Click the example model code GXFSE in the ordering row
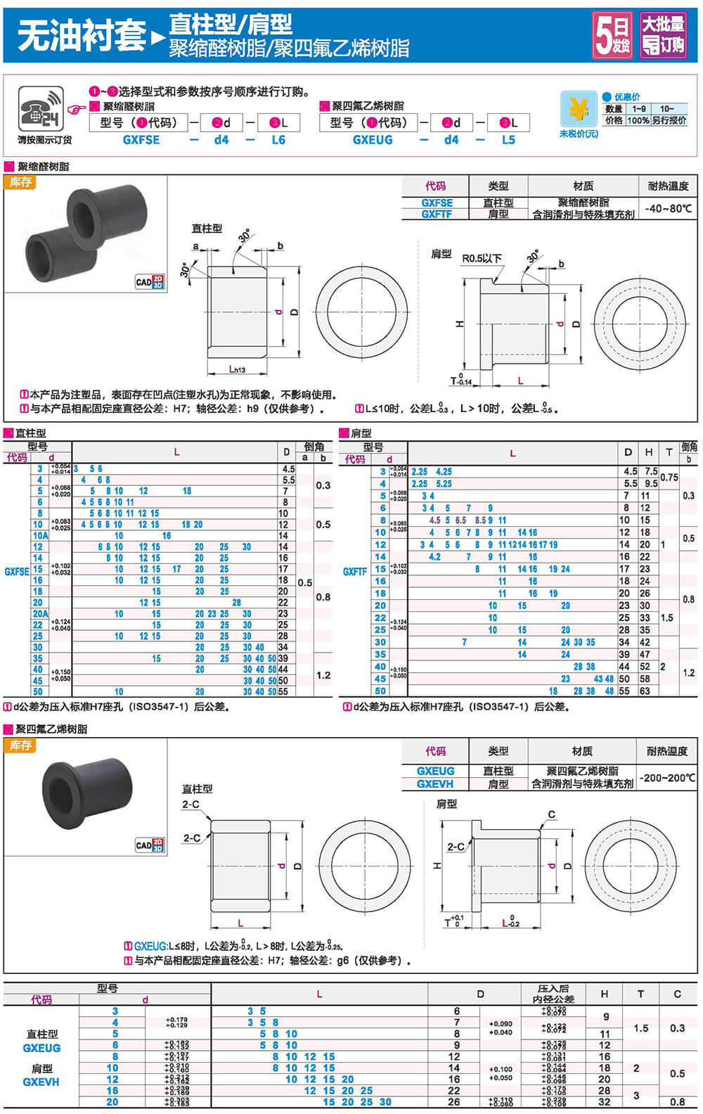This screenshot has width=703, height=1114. point(141,140)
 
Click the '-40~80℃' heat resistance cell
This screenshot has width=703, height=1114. point(668,208)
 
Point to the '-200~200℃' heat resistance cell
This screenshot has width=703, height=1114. point(667,778)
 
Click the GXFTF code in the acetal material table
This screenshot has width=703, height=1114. point(436,214)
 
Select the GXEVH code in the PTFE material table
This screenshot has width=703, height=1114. point(435,783)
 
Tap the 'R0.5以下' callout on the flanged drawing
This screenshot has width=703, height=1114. point(482,258)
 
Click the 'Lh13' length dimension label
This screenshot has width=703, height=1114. point(237,369)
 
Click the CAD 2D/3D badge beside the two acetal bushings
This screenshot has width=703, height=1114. point(150,282)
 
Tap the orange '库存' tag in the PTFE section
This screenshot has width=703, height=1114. point(20,745)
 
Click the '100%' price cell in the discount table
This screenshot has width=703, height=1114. point(638,120)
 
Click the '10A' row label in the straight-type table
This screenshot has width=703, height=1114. point(40,535)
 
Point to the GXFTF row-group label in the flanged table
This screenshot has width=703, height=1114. point(355,572)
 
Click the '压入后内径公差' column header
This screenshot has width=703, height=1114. point(553,994)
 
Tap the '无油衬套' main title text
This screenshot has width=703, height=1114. point(81,35)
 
